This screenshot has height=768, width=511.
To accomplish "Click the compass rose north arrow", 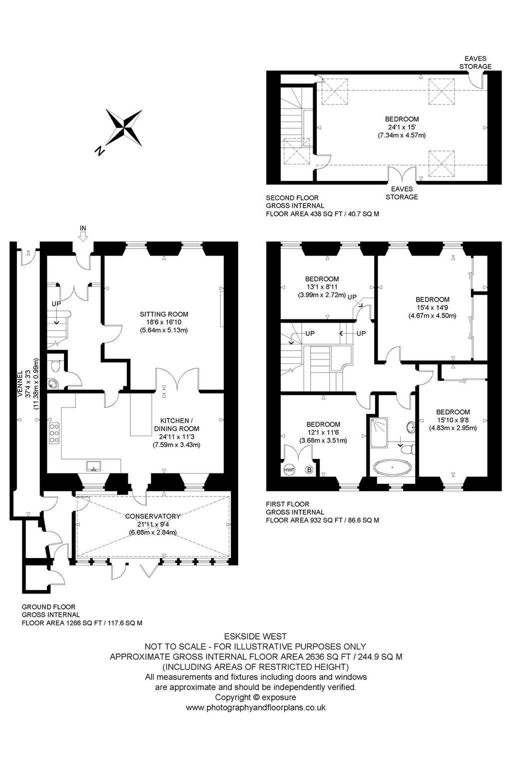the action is pos(124,127).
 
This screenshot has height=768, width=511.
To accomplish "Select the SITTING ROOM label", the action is pos(164,314).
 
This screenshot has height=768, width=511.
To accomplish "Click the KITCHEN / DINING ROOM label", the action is pos(176,424).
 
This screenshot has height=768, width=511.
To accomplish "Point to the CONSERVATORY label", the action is pos(153,516).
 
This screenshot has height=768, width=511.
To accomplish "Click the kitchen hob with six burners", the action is pos(54,433).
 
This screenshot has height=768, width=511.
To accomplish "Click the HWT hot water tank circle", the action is pos(289,469).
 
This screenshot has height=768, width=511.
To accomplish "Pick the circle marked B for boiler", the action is pos(309,469).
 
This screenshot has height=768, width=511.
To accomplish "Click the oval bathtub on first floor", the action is pos(393,467).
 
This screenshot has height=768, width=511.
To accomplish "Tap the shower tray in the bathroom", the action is pos(379,432).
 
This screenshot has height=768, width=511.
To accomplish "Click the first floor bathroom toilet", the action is pos(408,449).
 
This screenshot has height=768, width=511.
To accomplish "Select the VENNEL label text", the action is pos(20,383).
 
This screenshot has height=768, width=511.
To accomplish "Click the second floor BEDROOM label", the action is pos(402,119).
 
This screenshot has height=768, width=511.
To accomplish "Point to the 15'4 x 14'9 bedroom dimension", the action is pos(432,307).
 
